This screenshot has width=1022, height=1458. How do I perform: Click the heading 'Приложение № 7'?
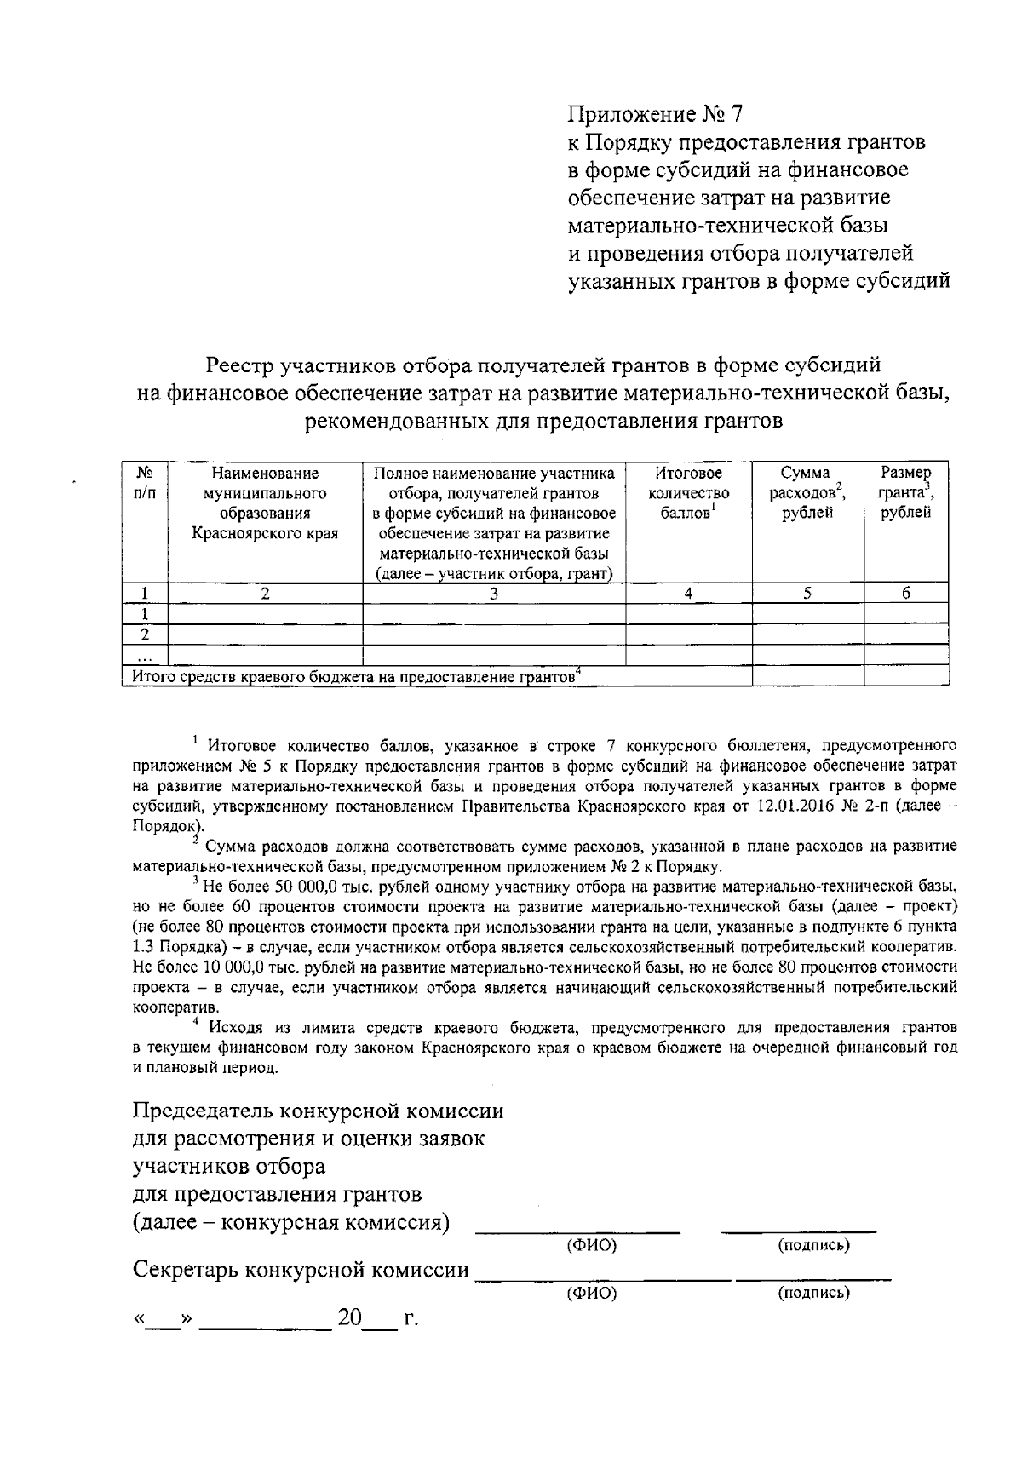(656, 114)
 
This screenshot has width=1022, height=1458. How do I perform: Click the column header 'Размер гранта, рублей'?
(906, 492)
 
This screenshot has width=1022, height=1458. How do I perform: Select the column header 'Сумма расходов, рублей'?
(807, 492)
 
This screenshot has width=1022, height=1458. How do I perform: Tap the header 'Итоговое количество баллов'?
(688, 492)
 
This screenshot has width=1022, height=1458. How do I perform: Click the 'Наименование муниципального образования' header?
(265, 502)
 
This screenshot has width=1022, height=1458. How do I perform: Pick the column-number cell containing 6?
(906, 594)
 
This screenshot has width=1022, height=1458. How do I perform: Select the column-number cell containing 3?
(494, 594)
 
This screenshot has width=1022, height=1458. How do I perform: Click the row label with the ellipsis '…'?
(145, 656)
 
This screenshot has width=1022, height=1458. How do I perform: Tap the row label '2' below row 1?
(145, 634)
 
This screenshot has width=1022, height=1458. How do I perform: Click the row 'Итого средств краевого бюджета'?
(358, 677)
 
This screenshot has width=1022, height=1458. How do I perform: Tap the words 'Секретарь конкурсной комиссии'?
(301, 1271)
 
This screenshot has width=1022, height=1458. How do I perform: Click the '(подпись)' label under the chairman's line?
(813, 1246)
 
